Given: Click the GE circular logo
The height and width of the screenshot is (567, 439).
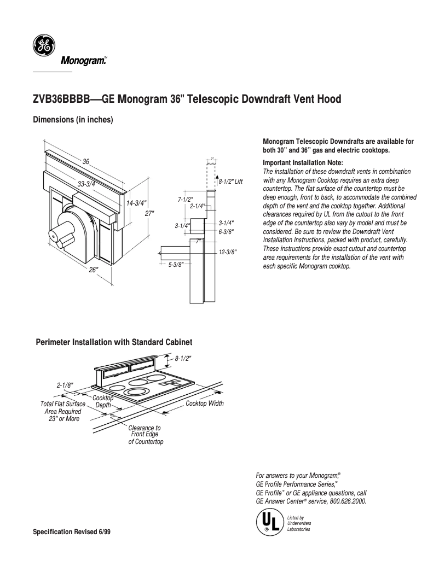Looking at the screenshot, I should point(42,46).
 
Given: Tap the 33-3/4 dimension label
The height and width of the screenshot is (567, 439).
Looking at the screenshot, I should point(86,184).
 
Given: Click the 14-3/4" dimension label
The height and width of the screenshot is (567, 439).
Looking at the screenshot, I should point(136,203).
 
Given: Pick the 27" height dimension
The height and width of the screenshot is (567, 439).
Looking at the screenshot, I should point(149,213).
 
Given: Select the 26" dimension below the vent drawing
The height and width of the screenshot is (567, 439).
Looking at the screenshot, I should point(94,270).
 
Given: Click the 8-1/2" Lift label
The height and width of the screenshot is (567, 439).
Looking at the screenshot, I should point(230,181).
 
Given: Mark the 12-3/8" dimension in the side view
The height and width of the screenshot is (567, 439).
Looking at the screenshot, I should point(227,252).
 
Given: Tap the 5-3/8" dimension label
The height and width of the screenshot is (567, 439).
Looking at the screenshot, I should point(176,264).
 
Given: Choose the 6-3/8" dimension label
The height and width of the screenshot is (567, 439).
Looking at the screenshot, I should point(226,231).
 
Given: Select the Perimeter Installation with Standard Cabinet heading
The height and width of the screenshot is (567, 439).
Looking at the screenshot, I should point(114,342).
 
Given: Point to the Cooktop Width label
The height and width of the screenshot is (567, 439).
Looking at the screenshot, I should point(205,404).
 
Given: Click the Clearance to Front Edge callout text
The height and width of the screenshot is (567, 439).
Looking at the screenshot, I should point(145,434).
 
